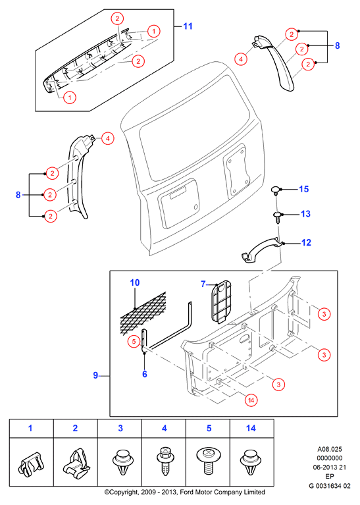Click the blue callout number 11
(188, 26)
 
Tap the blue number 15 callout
(303, 189)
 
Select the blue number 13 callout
(305, 214)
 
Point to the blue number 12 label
(306, 242)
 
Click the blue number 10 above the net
(135, 282)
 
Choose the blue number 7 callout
(203, 284)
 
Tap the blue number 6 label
(145, 373)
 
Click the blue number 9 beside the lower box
(95, 375)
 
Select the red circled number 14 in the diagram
(251, 400)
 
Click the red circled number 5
(134, 342)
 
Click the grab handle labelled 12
(261, 250)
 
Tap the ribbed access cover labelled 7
(221, 302)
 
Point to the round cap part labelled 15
(276, 190)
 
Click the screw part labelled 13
(277, 217)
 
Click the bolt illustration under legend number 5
(209, 460)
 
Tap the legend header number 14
(251, 428)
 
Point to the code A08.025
(330, 449)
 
